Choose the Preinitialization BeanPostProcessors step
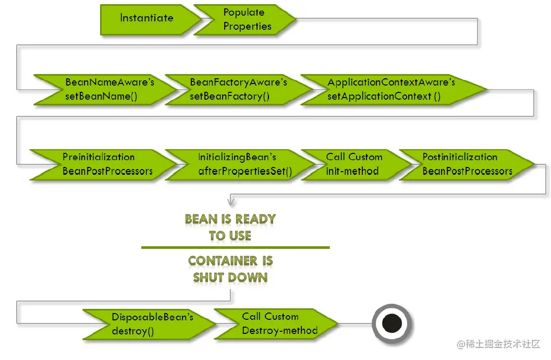tap(103, 164)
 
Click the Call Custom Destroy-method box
tap(276, 323)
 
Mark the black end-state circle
tap(391, 323)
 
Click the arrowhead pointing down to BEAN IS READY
tap(230, 201)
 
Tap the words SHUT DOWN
tap(230, 277)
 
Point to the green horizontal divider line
tap(235, 247)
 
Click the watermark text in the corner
tap(498, 344)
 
